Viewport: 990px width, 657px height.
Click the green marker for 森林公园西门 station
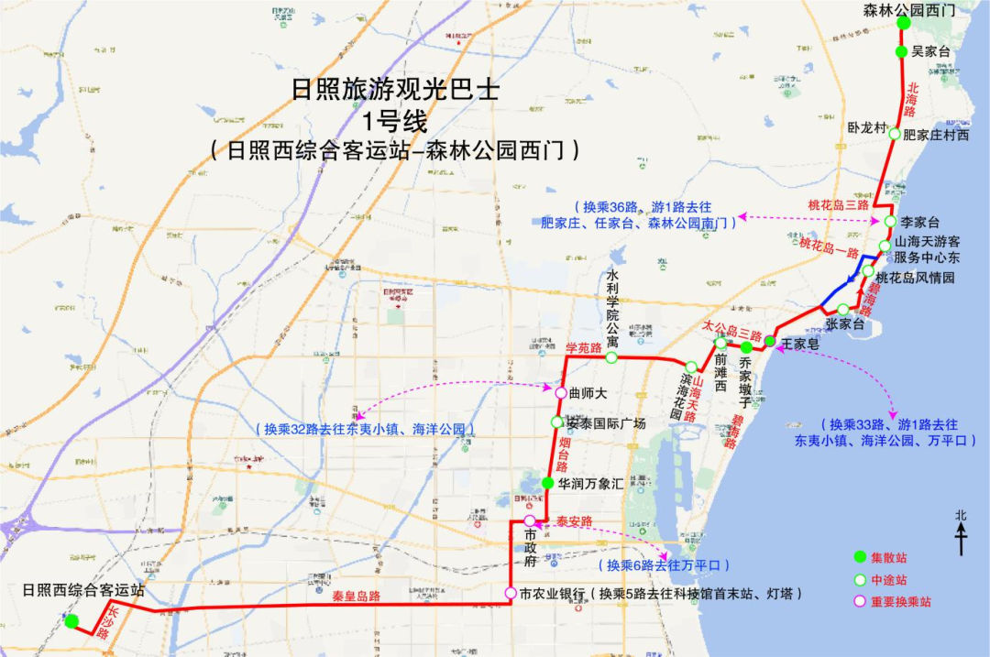[902, 23]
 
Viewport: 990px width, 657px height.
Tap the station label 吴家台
[931, 52]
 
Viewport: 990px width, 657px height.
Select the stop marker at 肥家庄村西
[895, 133]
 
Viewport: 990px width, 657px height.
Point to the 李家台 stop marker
[889, 222]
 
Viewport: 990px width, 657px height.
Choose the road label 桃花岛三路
[838, 204]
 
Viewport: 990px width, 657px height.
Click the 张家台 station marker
[843, 309]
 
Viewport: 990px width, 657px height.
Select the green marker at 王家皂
[770, 342]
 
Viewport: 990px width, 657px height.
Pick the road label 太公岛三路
[732, 326]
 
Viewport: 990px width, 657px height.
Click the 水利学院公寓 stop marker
[611, 357]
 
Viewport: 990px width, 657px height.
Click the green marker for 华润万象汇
[547, 483]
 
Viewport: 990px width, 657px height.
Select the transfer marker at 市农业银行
[511, 593]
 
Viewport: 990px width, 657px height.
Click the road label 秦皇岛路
[357, 596]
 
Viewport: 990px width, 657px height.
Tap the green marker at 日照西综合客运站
[71, 621]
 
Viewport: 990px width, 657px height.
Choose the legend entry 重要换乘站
[902, 602]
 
